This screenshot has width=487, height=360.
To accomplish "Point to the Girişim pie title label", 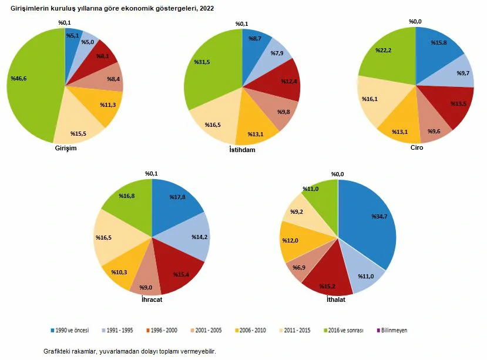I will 65,148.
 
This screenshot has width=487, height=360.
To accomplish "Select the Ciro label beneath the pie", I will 416,148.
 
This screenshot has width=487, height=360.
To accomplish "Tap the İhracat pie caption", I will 152,300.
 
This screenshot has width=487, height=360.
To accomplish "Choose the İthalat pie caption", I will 335,300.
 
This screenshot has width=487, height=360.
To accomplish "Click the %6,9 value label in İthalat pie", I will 299,268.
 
